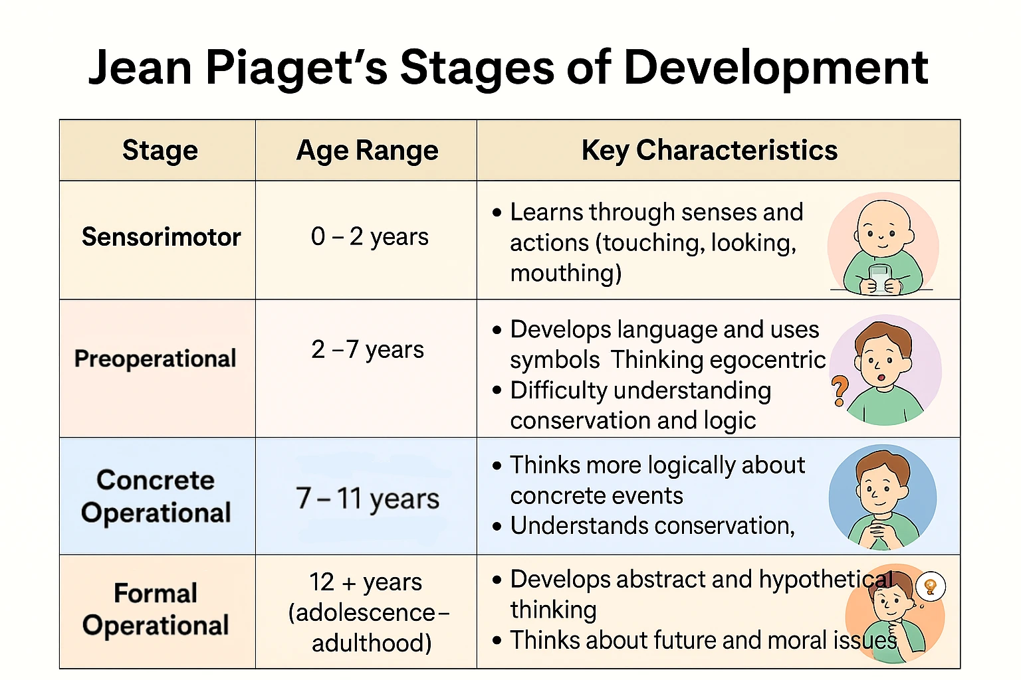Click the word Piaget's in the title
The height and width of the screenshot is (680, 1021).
[296, 68]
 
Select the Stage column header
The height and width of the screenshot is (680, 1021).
[160, 150]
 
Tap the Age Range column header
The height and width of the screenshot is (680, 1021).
[368, 150]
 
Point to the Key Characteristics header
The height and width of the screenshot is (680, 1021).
[710, 150]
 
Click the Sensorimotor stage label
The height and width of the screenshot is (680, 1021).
[162, 237]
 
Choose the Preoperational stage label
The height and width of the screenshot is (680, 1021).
[156, 359]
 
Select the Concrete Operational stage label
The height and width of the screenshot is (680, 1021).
[156, 496]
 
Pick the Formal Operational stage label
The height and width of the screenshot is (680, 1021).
[156, 609]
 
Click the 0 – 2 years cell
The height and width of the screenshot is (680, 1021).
[370, 237]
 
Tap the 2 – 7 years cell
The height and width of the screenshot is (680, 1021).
[368, 350]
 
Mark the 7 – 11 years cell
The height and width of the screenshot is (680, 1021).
[368, 498]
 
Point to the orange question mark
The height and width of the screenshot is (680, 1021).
[839, 390]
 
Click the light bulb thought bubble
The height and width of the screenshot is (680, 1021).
[931, 586]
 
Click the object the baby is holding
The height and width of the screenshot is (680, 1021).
[879, 279]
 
